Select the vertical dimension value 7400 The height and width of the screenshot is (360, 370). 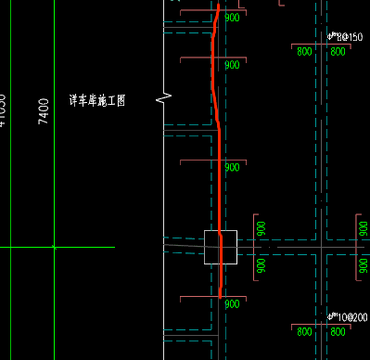[x=44, y=111]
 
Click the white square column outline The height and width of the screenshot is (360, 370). [x=221, y=247]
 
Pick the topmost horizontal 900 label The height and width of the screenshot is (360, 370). [x=232, y=18]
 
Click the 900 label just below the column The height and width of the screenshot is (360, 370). [x=232, y=303]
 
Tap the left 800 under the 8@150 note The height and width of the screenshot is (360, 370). [x=304, y=52]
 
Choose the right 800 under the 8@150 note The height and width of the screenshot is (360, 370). [x=338, y=52]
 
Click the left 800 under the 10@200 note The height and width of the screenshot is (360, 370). [x=304, y=332]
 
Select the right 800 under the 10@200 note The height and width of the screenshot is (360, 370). [x=338, y=332]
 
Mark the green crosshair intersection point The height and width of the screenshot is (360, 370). [x=54, y=247]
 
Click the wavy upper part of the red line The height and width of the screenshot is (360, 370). [x=214, y=65]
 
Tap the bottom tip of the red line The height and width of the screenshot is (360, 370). [x=220, y=297]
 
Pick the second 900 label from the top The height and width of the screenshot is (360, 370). [x=232, y=65]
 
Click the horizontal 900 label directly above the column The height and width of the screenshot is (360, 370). [x=232, y=168]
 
